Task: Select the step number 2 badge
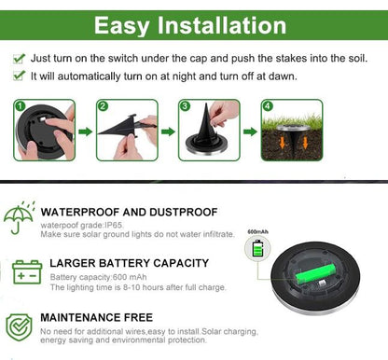pyautogui.click(x=102, y=106)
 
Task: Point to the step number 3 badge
pyautogui.click(x=185, y=106)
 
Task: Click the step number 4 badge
pyautogui.click(x=268, y=106)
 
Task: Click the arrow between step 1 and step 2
pyautogui.click(x=85, y=132)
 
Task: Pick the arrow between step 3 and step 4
pyautogui.click(x=250, y=132)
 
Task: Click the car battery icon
pyautogui.click(x=25, y=273)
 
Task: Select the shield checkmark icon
pyautogui.click(x=19, y=326)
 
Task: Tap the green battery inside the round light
pyautogui.click(x=315, y=275)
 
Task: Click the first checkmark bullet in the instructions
pyautogui.click(x=19, y=58)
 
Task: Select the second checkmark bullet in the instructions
pyautogui.click(x=19, y=75)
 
